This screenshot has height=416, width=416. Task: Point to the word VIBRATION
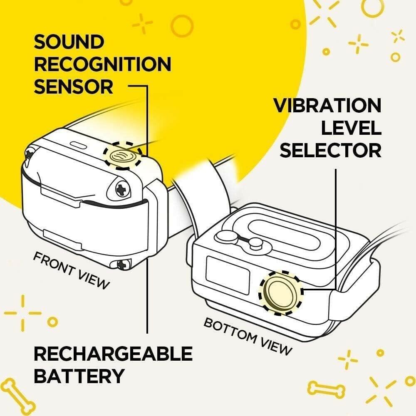tap(327, 106)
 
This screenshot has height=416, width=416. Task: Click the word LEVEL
tap(351, 128)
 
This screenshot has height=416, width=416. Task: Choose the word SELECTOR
tap(330, 150)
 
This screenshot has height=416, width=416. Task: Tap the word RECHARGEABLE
tap(113, 354)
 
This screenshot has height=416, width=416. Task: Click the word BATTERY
tap(79, 376)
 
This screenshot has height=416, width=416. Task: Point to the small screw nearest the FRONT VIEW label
tap(123, 263)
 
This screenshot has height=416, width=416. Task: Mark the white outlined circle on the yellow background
tap(181, 26)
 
